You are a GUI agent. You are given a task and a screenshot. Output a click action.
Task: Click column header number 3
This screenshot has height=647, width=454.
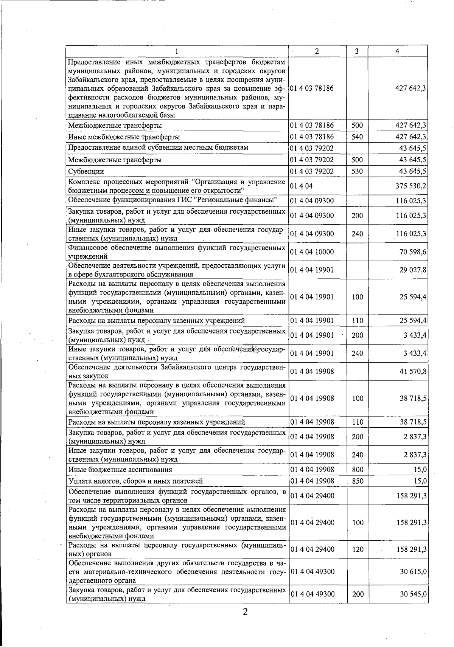(357, 51)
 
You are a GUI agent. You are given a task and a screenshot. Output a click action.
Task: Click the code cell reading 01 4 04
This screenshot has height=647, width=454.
(302, 186)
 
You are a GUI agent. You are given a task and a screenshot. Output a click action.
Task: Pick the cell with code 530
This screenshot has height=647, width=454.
(357, 171)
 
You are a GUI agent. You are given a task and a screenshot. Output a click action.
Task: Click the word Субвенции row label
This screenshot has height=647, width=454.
(86, 172)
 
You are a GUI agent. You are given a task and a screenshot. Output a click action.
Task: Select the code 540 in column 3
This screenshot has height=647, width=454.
(357, 137)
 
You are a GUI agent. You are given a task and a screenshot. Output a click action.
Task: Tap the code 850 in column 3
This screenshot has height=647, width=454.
(357, 481)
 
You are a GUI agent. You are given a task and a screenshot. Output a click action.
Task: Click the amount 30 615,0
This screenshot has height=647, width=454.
(413, 572)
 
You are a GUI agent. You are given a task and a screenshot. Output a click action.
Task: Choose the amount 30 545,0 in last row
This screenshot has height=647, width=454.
(413, 594)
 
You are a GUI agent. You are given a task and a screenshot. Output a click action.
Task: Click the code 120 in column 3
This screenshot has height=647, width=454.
(357, 549)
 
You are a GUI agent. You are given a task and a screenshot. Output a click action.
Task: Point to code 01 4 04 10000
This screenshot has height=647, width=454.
(312, 252)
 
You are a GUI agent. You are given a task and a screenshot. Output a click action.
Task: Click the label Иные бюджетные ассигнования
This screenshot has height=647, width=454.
(120, 470)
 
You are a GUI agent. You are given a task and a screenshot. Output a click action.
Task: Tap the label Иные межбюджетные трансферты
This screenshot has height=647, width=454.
(124, 137)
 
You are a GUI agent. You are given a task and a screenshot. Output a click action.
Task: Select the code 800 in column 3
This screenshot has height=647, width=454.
(357, 470)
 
